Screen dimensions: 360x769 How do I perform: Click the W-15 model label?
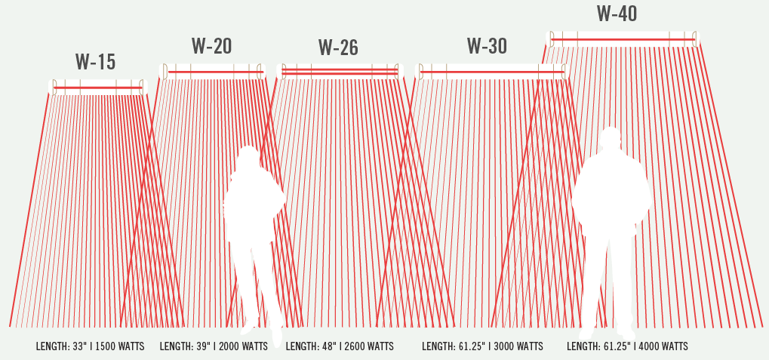[95, 61]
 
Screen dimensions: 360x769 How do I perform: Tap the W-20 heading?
[211, 46]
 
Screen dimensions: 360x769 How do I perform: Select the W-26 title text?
[337, 48]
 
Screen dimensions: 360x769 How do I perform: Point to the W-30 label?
[487, 46]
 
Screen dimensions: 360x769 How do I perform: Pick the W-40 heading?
[617, 14]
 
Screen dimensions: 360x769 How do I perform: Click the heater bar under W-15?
[97, 88]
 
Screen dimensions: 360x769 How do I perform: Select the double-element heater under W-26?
[340, 72]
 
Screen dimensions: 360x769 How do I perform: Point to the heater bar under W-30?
[491, 72]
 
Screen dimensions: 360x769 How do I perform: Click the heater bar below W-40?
[623, 38]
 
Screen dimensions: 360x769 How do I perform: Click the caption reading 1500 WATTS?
[90, 347]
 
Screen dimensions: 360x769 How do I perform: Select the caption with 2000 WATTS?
[214, 347]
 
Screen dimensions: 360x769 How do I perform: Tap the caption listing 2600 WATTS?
[340, 347]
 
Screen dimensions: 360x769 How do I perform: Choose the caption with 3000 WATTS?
[482, 347]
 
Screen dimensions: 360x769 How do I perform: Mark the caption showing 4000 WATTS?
[627, 347]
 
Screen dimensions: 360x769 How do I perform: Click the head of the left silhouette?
[248, 158]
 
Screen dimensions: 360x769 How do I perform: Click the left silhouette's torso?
[254, 204]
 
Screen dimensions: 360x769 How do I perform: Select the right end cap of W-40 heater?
[696, 38]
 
